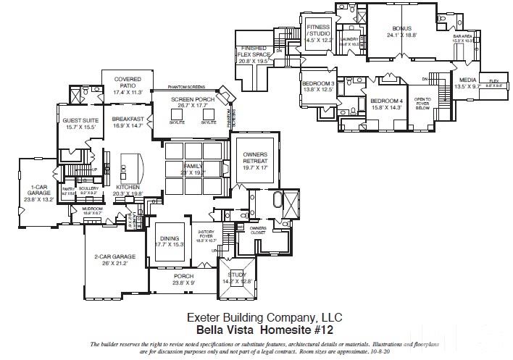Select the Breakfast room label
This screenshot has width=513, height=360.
[x=128, y=120]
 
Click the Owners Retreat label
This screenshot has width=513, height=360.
[x=255, y=161]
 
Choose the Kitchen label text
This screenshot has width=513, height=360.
[x=128, y=190]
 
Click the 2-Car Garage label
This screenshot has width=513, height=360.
[x=109, y=259]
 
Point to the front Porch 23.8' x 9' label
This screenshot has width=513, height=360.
[x=183, y=280]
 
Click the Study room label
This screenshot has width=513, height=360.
[x=238, y=276]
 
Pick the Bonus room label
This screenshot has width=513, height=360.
[x=401, y=30]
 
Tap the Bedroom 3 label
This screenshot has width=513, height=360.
[x=317, y=86]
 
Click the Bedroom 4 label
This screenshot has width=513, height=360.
[x=385, y=104]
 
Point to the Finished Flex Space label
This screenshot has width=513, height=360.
[x=254, y=54]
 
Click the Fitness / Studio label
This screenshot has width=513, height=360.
[x=319, y=34]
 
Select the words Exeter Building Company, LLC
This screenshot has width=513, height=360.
[x=264, y=317]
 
